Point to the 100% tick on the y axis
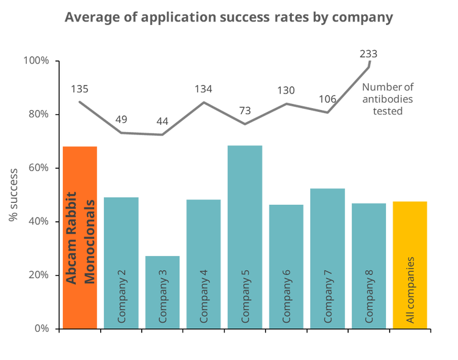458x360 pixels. click(x=37, y=61)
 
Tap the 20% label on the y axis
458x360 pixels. click(x=38, y=274)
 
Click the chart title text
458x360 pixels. click(x=228, y=17)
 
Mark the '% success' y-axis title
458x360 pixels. click(x=13, y=194)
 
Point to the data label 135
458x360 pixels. click(x=79, y=89)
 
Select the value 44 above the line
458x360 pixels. click(x=162, y=122)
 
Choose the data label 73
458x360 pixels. click(x=245, y=111)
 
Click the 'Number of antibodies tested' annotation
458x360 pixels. click(x=388, y=99)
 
